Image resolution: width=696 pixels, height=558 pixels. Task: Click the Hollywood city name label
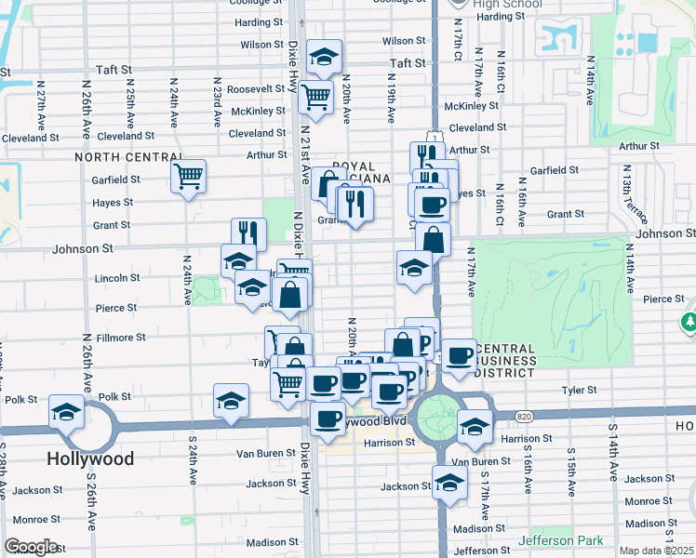[x=90, y=458]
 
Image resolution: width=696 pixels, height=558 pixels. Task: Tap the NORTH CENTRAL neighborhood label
[x=120, y=158]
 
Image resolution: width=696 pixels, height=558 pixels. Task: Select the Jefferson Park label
[x=561, y=540]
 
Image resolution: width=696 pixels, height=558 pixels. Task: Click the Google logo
[x=32, y=547]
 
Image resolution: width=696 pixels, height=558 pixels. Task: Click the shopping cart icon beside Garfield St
[x=189, y=175]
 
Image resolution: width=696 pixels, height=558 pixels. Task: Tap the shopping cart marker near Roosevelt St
[x=316, y=95]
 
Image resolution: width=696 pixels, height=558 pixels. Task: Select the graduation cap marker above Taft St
[x=324, y=56]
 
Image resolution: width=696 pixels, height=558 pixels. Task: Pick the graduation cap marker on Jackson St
[x=449, y=483]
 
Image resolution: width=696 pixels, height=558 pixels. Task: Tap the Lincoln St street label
[x=117, y=278]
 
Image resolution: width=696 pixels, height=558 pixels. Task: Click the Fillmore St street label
[x=122, y=338]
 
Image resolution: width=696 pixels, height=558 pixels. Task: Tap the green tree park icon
[x=689, y=322]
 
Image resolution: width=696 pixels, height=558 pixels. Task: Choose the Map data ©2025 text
[x=655, y=551]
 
